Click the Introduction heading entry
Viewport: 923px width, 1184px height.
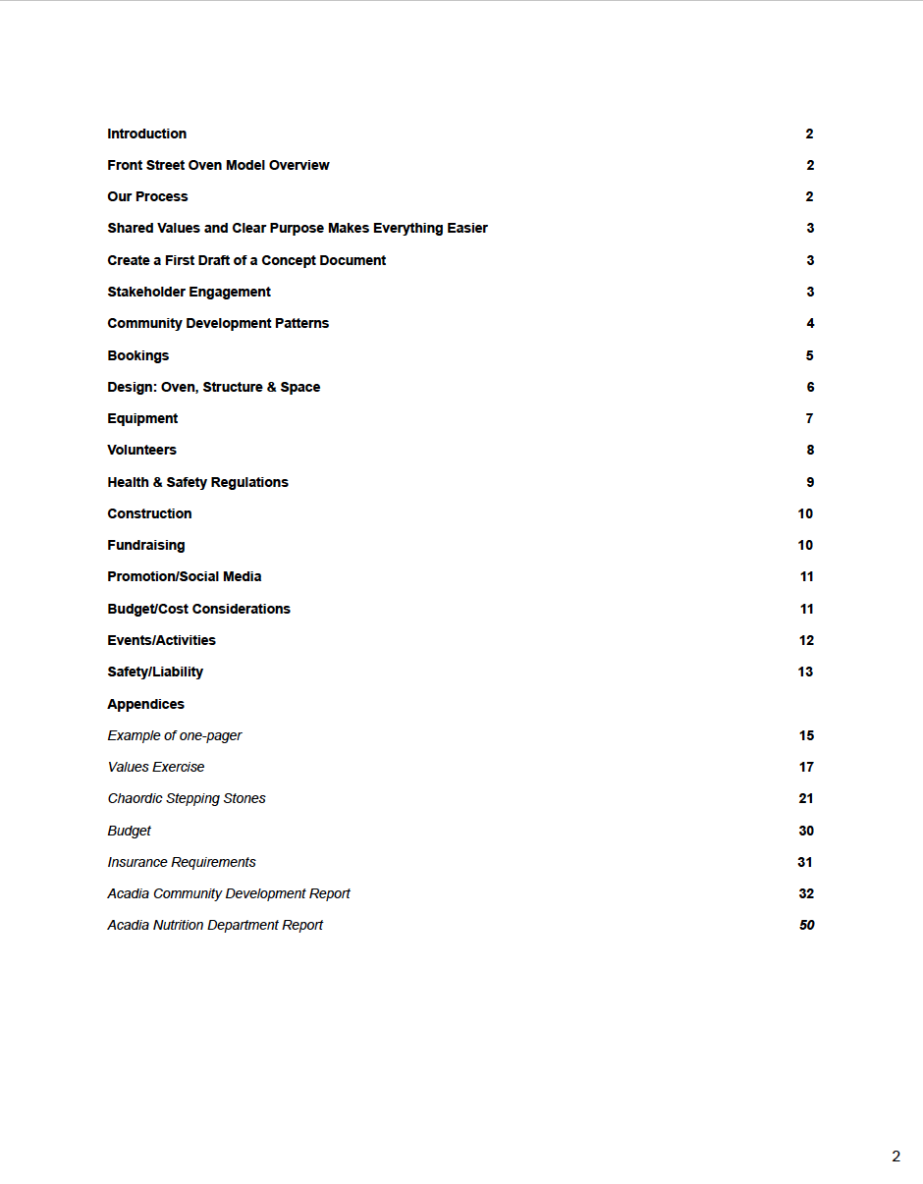146,134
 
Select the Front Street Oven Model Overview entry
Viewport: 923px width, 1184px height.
218,165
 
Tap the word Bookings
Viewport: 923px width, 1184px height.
137,355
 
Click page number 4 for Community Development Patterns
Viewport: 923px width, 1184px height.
810,323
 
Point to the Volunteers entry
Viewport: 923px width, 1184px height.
141,450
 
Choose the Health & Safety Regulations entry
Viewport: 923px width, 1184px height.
197,482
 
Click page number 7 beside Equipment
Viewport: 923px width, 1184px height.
810,418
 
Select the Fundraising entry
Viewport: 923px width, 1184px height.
145,545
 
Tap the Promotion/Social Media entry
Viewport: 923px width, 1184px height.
184,576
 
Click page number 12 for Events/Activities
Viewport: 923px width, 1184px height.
806,640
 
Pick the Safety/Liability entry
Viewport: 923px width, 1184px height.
155,672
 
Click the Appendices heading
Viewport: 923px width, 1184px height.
145,704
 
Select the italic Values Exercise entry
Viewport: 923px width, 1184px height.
156,767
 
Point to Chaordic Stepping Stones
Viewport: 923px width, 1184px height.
187,798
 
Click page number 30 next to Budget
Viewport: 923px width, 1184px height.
806,831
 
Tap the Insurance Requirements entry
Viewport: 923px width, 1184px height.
182,862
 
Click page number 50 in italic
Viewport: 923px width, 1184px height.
806,925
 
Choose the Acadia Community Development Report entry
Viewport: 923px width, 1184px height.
229,893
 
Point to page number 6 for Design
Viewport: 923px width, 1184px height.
810,387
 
